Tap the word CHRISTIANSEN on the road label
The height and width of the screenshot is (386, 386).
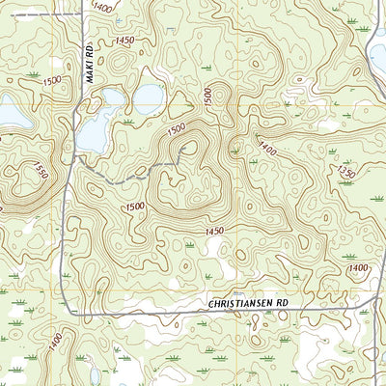click(241, 303)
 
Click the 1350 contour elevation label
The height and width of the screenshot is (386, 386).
click(346, 171)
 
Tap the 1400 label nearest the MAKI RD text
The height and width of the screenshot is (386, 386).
click(102, 6)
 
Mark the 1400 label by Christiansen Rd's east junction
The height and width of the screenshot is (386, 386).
click(358, 267)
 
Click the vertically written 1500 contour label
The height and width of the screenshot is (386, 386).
click(207, 96)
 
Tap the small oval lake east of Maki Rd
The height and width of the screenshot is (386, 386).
click(148, 95)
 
